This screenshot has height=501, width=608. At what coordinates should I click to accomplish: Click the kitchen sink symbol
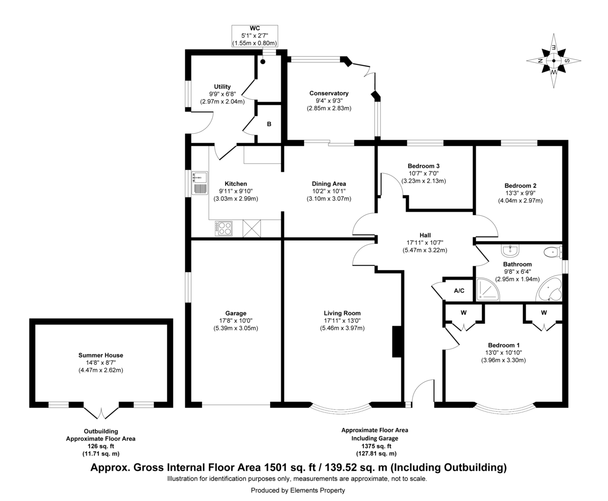(200, 183)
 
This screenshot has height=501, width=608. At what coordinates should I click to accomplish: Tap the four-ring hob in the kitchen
(223, 228)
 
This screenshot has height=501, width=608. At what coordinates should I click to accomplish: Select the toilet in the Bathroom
(553, 252)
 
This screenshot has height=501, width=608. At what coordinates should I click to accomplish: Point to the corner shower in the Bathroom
(488, 289)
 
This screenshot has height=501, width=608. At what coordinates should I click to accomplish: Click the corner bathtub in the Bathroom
(549, 289)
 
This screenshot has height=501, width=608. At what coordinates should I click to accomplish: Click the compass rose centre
(554, 61)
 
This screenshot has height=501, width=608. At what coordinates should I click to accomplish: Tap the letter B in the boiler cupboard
(269, 124)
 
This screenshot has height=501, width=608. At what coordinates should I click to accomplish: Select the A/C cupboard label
(459, 291)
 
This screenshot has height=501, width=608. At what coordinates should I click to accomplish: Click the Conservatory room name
(329, 93)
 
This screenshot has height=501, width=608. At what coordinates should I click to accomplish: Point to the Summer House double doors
(101, 411)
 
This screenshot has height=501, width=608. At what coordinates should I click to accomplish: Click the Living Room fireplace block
(397, 342)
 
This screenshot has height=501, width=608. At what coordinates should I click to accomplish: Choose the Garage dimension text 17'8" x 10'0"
(236, 321)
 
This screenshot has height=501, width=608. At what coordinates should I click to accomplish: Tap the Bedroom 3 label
(424, 166)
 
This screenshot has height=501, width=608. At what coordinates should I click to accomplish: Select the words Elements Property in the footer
(317, 490)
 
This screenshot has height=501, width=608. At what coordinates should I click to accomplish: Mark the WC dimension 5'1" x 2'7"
(254, 36)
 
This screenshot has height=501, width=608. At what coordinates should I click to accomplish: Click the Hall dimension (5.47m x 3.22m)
(425, 250)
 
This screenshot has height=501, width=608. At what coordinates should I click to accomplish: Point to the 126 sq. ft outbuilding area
(101, 446)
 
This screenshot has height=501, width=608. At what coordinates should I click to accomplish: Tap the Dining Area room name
(329, 184)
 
